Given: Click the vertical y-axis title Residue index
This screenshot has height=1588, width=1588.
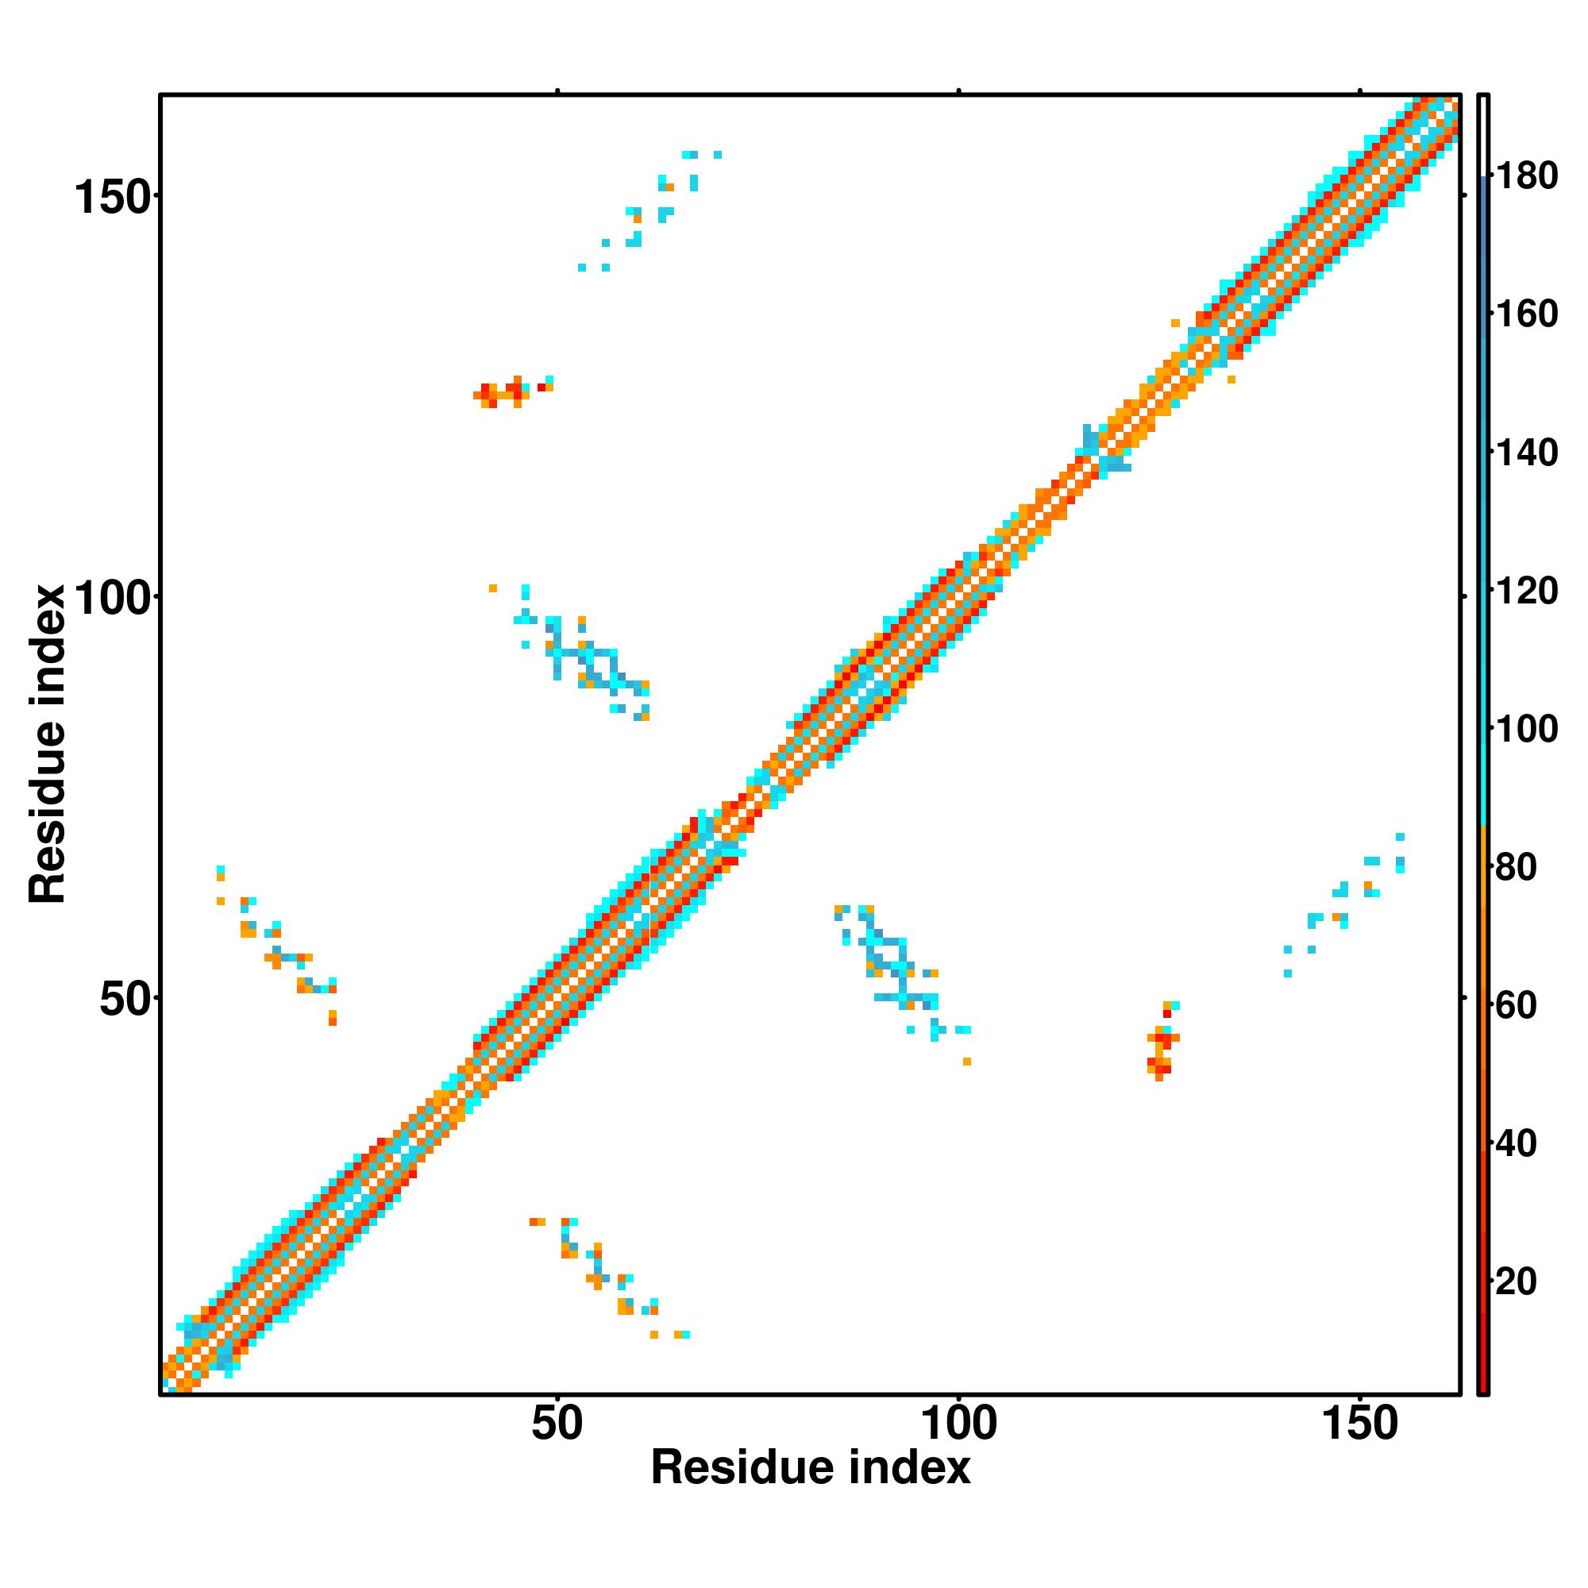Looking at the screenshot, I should coord(47,745).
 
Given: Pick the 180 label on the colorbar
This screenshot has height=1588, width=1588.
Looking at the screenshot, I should coord(1526,176).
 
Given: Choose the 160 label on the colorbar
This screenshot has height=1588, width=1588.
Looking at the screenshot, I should coord(1526,314).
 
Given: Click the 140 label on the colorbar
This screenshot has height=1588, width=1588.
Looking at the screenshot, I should coord(1526,452).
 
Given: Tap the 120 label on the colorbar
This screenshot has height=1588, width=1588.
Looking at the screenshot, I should coord(1526,590).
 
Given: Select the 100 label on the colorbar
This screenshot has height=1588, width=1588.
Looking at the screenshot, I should coord(1526,728).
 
